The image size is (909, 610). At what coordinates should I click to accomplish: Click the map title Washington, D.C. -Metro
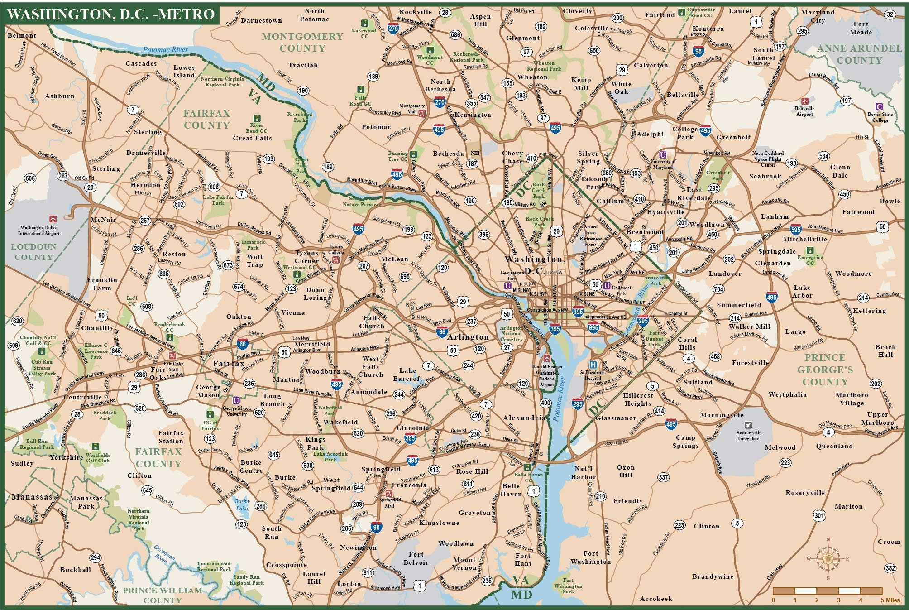tap(111, 14)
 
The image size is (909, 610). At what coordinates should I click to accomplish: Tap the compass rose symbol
tap(828, 558)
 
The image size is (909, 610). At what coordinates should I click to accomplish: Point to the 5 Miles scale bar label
tap(890, 600)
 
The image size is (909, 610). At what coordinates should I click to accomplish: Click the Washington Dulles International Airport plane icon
tap(53, 219)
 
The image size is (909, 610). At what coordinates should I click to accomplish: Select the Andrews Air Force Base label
tap(748, 435)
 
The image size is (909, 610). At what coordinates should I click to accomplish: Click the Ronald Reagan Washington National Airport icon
tap(547, 359)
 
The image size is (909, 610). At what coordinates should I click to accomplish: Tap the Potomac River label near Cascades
tap(166, 49)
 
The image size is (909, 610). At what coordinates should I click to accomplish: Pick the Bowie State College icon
tap(879, 107)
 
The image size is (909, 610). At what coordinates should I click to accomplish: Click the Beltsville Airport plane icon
tap(804, 101)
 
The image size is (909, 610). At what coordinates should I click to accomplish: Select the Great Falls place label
tap(252, 138)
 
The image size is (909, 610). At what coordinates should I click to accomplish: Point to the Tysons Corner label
tap(306, 257)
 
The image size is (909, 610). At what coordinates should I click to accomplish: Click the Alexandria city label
tap(524, 418)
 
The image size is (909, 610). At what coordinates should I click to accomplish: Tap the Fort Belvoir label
tap(416, 558)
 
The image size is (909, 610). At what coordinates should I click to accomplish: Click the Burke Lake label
tap(242, 504)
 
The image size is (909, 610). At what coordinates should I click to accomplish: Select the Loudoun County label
tap(33, 252)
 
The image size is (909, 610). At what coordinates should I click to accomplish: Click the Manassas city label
tap(32, 497)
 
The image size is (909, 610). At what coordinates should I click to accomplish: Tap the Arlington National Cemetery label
tap(511, 333)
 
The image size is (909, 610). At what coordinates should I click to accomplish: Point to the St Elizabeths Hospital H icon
tap(593, 365)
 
